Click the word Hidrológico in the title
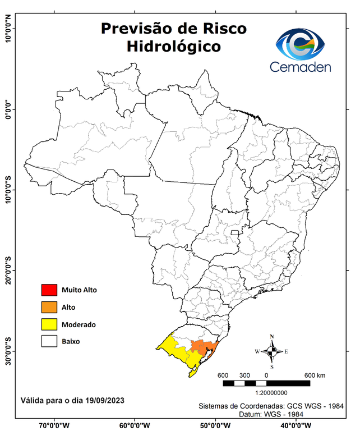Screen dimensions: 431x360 [x=173, y=46]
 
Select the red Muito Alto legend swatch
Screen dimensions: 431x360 [x=49, y=290]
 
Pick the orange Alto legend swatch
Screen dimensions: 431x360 [x=49, y=307]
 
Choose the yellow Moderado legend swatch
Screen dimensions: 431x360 [x=49, y=324]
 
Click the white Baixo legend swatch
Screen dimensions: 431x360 [x=49, y=341]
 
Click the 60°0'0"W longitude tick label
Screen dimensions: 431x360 [x=133, y=425]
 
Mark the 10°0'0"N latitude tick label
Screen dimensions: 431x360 [x=8, y=29]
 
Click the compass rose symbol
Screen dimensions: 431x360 [x=271, y=351]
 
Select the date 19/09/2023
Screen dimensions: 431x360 [x=105, y=401]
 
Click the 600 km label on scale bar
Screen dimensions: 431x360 [x=315, y=375]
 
